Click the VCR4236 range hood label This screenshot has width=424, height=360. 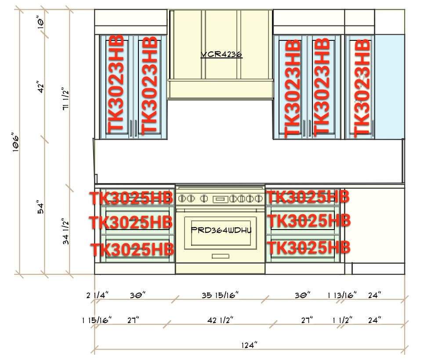221,54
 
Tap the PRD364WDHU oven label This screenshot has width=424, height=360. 221,230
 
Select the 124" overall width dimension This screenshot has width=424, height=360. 249,345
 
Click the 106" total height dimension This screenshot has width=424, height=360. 16,142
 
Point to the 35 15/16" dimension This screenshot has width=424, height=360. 220,295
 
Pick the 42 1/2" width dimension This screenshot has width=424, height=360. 220,320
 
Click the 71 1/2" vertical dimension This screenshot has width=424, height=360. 66,99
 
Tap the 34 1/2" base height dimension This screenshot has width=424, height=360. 66,231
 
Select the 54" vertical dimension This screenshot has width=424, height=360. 40,207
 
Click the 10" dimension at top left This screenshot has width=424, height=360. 40,22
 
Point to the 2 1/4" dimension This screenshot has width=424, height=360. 98,295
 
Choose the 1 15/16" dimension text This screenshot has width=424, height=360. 97,320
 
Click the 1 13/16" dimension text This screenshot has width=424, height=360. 342,295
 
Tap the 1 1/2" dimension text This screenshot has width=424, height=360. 342,320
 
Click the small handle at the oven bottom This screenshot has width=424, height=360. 221,256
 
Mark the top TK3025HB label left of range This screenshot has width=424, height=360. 131,198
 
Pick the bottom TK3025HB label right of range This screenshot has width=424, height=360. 309,248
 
